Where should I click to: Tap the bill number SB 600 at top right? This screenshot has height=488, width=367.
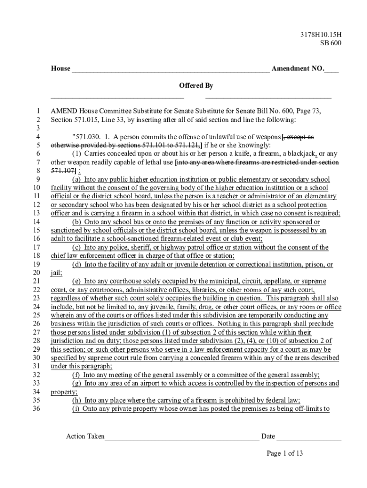[x=330, y=43]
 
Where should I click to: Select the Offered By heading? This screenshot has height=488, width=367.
[x=196, y=86]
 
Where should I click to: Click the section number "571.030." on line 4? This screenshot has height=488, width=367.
[x=85, y=137]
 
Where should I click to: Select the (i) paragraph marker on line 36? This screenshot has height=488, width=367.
[x=76, y=408]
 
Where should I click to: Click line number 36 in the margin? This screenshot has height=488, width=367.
[x=35, y=408]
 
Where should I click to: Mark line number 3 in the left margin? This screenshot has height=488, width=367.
[x=38, y=128]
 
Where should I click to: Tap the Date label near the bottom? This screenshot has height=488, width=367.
[x=268, y=437]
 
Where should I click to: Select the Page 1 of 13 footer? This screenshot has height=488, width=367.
[x=285, y=453]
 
